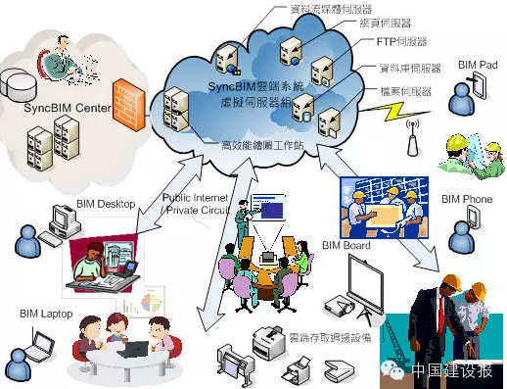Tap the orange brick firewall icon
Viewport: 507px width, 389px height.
click(x=123, y=98)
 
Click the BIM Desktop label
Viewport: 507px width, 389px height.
click(x=105, y=205)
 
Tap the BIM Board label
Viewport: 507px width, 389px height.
click(x=346, y=244)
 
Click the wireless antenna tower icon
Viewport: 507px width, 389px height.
click(x=412, y=138)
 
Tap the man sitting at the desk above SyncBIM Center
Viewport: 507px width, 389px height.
click(x=67, y=59)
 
